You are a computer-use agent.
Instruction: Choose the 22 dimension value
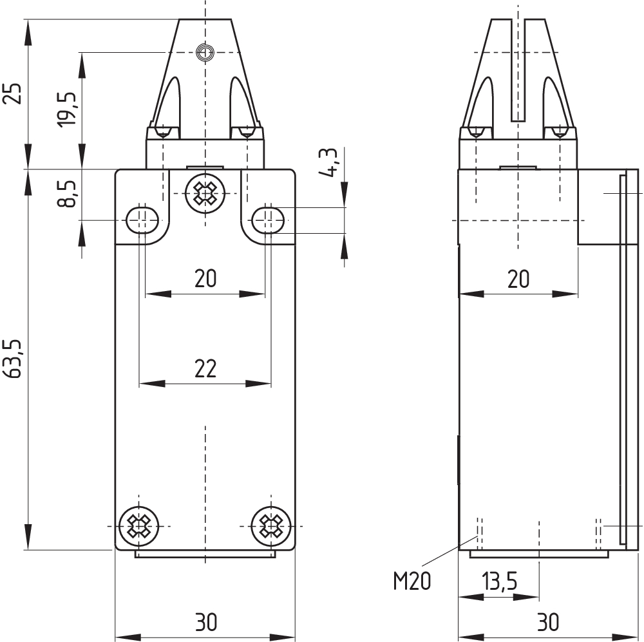pos(205,368)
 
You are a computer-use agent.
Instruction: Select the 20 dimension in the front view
pos(205,279)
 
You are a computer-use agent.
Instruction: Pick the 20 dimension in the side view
pos(518,279)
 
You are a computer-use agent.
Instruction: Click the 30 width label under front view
pos(206,622)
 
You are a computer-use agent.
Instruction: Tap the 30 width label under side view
pos(547,622)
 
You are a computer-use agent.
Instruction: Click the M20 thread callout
pos(412,581)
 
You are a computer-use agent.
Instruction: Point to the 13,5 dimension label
pos(499,581)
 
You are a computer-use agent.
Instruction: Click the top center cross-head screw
pos(205,193)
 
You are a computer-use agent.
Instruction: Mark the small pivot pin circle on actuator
pos(205,52)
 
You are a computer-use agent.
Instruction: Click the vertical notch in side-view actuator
pos(518,71)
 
